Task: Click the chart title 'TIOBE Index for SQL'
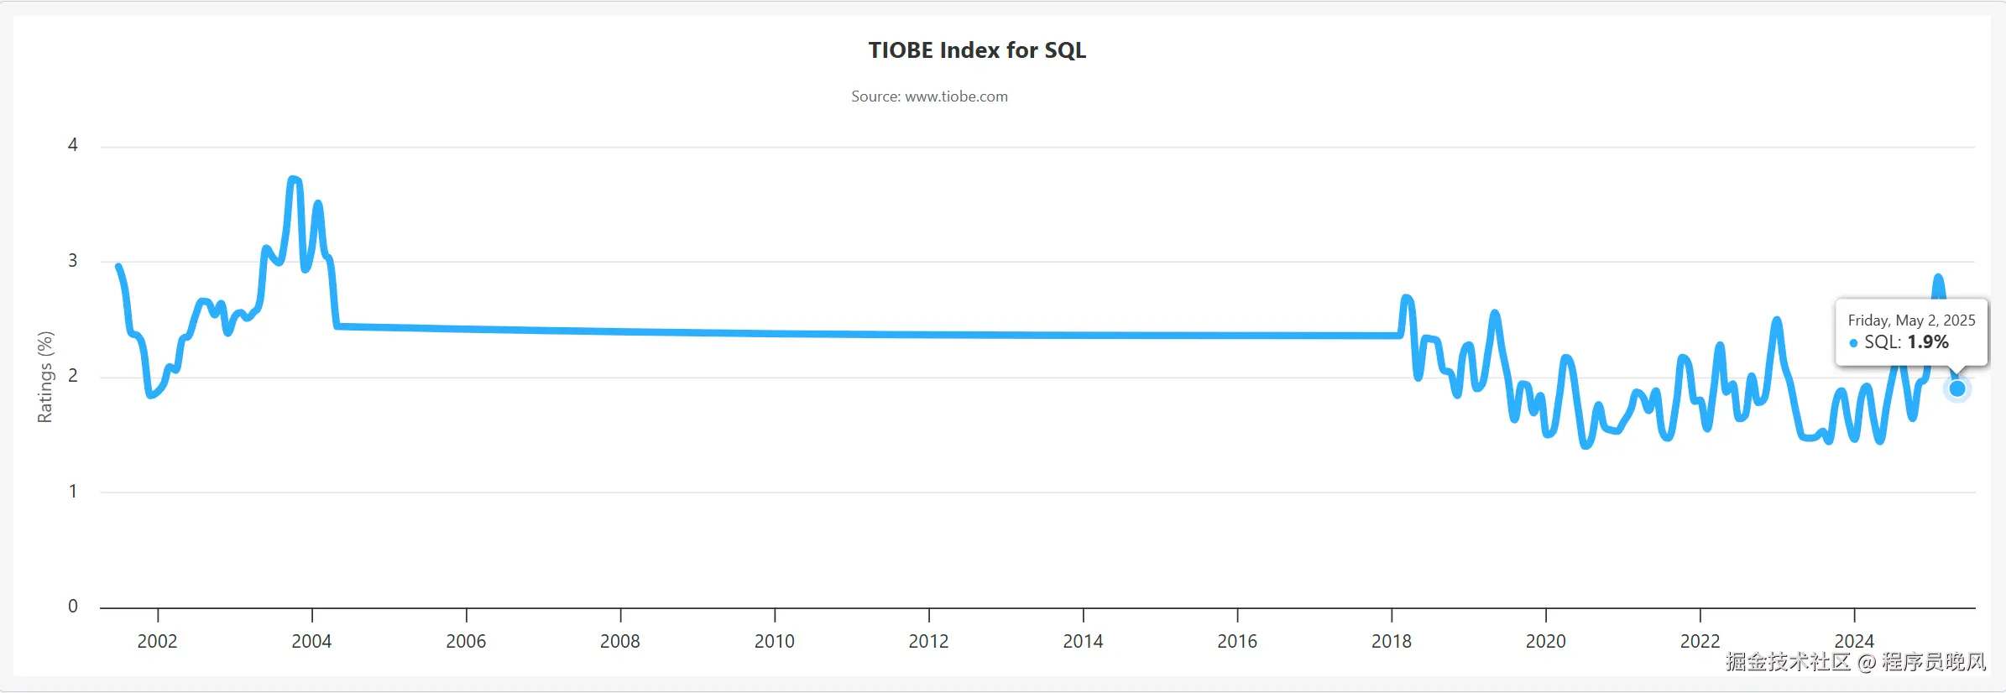[x=977, y=50]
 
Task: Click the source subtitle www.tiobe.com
[x=929, y=96]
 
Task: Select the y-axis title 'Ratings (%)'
[x=45, y=377]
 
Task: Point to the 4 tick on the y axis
[x=73, y=145]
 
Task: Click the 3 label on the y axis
[x=73, y=261]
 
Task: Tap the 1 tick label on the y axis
[x=73, y=492]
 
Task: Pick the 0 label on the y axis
[x=73, y=607]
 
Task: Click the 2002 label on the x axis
[x=157, y=642]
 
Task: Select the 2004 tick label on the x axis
[x=311, y=642]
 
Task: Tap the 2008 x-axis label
[x=619, y=642]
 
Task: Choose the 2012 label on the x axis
[x=928, y=642]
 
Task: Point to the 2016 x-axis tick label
[x=1237, y=642]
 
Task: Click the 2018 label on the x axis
[x=1391, y=642]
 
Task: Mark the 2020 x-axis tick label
[x=1545, y=642]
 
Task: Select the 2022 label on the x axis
[x=1700, y=642]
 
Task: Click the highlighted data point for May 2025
[x=1957, y=388]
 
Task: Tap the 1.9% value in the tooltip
[x=1928, y=342]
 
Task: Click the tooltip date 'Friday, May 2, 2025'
[x=1911, y=320]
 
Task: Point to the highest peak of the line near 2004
[x=293, y=179]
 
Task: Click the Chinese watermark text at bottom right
[x=1856, y=662]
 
